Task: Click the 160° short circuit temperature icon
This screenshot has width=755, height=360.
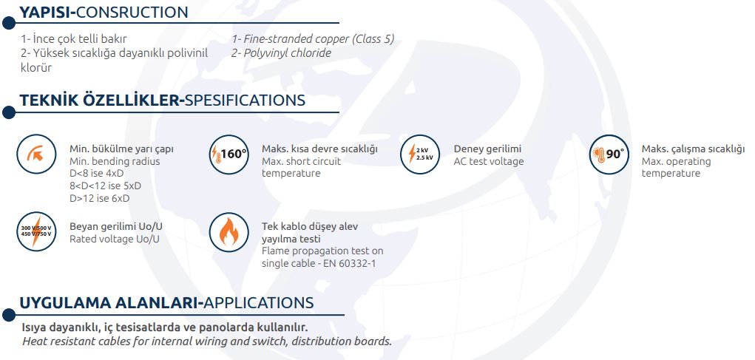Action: [x=229, y=154]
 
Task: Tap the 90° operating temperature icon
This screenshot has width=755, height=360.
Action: [x=609, y=154]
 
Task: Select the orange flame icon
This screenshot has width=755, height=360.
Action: [x=229, y=232]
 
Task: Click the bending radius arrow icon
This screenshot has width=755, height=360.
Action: [x=36, y=154]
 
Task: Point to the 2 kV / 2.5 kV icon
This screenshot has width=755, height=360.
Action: [x=420, y=154]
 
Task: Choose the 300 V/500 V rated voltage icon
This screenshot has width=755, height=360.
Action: [x=36, y=231]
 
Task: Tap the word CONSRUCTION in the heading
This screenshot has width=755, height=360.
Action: [x=132, y=12]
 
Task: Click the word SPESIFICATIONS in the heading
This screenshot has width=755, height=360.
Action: [x=245, y=100]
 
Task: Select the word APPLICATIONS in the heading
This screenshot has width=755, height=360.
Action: [x=259, y=303]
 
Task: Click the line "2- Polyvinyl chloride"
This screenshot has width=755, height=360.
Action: [x=281, y=53]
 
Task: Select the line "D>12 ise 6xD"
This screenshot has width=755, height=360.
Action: [x=99, y=198]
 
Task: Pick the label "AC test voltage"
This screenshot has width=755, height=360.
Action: [x=489, y=161]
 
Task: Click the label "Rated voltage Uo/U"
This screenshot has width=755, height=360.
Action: [x=114, y=239]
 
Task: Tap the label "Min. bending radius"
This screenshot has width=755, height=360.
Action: [x=115, y=161]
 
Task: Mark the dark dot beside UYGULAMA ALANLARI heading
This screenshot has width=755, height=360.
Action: [x=9, y=315]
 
